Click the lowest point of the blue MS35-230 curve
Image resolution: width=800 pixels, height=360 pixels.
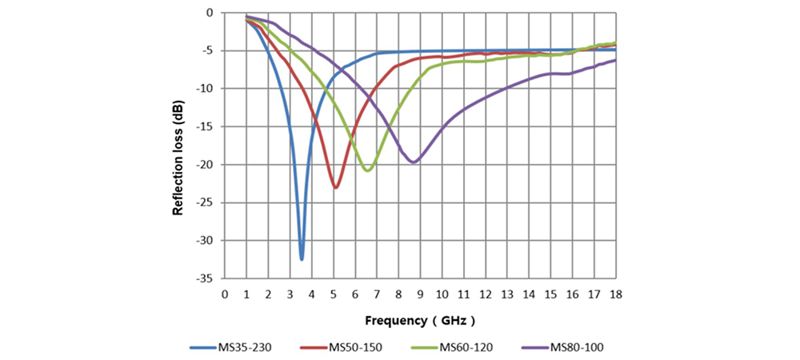click(x=302, y=258)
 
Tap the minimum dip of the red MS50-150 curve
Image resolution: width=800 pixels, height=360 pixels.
click(x=336, y=187)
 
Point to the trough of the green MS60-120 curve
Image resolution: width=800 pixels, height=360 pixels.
click(x=367, y=170)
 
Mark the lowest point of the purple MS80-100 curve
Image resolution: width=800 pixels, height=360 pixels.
click(x=413, y=162)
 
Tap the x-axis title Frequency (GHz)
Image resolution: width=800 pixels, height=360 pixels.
click(x=421, y=320)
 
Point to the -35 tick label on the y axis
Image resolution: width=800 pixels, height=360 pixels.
click(x=206, y=278)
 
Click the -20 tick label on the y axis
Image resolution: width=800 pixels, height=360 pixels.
click(x=206, y=165)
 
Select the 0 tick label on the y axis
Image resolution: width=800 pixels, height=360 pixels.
click(x=210, y=13)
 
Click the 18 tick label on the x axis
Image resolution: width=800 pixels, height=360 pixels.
click(x=615, y=293)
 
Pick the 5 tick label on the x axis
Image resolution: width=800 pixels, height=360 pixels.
click(x=334, y=293)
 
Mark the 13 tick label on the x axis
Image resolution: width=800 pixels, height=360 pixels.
click(x=507, y=293)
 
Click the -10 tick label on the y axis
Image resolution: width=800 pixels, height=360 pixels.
click(x=206, y=89)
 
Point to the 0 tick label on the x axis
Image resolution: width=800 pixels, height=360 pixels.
click(x=225, y=293)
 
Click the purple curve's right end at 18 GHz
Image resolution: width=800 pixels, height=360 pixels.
click(x=614, y=60)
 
